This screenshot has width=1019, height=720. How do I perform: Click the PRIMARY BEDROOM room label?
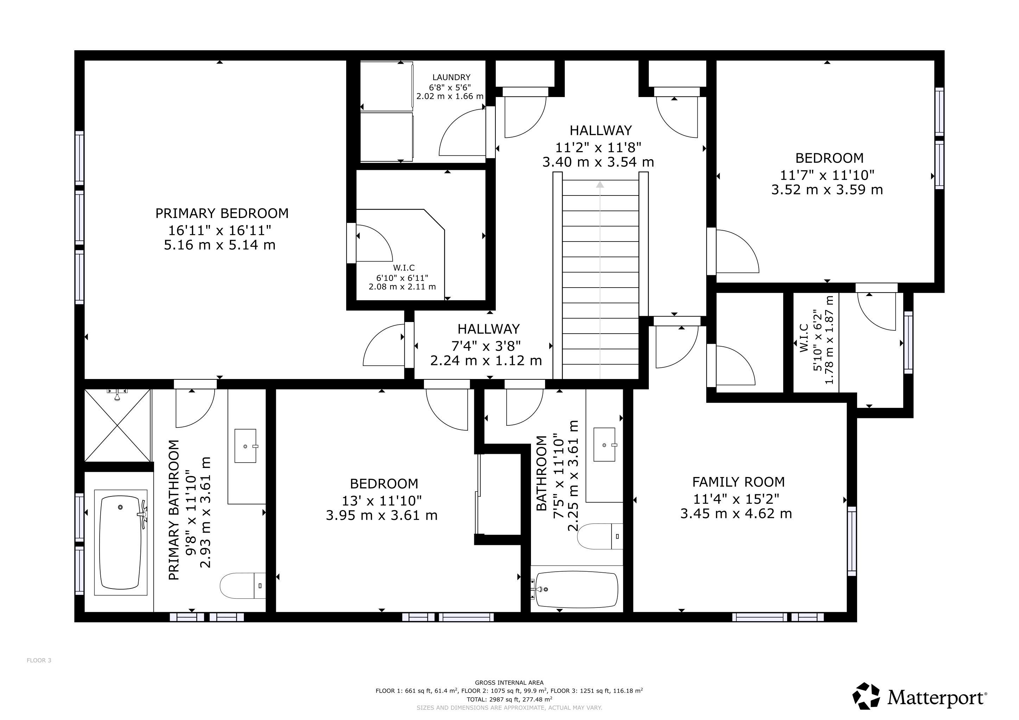pos(222,213)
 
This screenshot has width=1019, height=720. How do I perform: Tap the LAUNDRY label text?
pos(451,77)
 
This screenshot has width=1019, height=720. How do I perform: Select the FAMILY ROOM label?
pos(739,482)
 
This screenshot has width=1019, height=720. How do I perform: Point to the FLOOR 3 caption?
pos(39,660)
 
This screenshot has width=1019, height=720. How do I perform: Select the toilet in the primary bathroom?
pos(243,586)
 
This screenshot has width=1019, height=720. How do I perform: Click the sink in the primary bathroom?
pos(246,445)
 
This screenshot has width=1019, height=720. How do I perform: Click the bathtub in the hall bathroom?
pos(576,590)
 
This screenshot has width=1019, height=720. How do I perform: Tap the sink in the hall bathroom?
pos(605,444)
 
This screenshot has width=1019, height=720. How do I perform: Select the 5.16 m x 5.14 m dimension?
pos(220,245)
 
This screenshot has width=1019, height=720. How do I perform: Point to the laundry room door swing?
pos(462,133)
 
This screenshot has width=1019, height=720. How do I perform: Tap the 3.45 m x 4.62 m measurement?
pos(736,513)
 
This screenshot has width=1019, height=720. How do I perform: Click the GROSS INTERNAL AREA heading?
pos(509,683)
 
